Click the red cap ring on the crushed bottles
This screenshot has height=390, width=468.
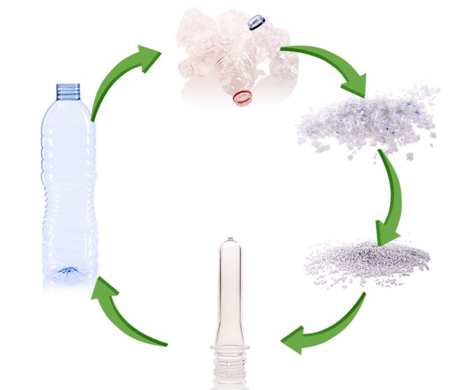click(243, 97)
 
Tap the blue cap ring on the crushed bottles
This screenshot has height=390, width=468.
click(257, 23)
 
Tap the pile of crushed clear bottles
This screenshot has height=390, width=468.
click(235, 55)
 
